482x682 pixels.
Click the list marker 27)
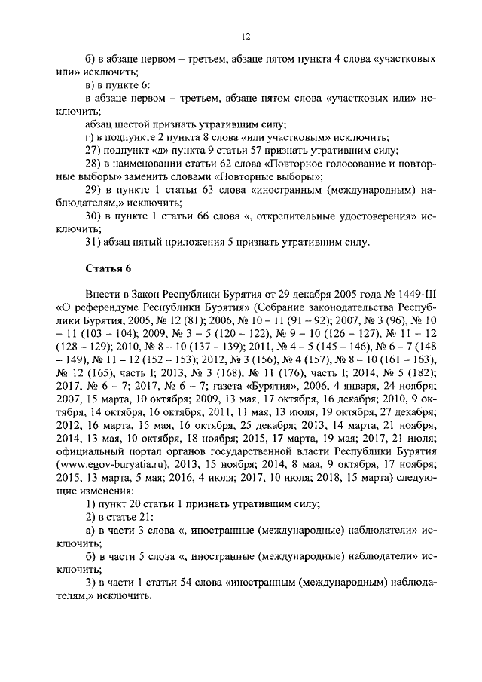(x=93, y=150)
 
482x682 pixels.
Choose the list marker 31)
(x=93, y=243)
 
